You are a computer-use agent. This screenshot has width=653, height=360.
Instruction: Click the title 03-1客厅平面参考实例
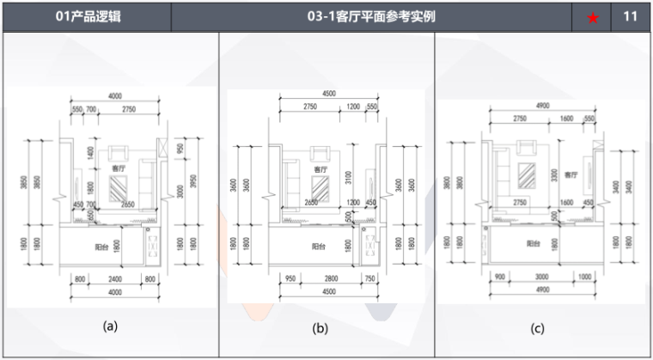(371, 16)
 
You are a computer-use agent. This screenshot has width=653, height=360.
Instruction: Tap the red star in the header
(592, 17)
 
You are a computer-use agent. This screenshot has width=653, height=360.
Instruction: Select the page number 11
(631, 16)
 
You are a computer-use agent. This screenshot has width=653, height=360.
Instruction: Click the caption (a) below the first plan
(109, 326)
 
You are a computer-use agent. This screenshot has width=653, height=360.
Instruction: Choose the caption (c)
(538, 327)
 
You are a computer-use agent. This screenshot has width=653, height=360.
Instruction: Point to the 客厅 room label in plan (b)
(320, 170)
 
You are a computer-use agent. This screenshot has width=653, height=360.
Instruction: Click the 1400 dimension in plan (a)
(90, 155)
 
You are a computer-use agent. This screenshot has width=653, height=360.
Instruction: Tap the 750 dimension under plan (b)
(370, 279)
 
